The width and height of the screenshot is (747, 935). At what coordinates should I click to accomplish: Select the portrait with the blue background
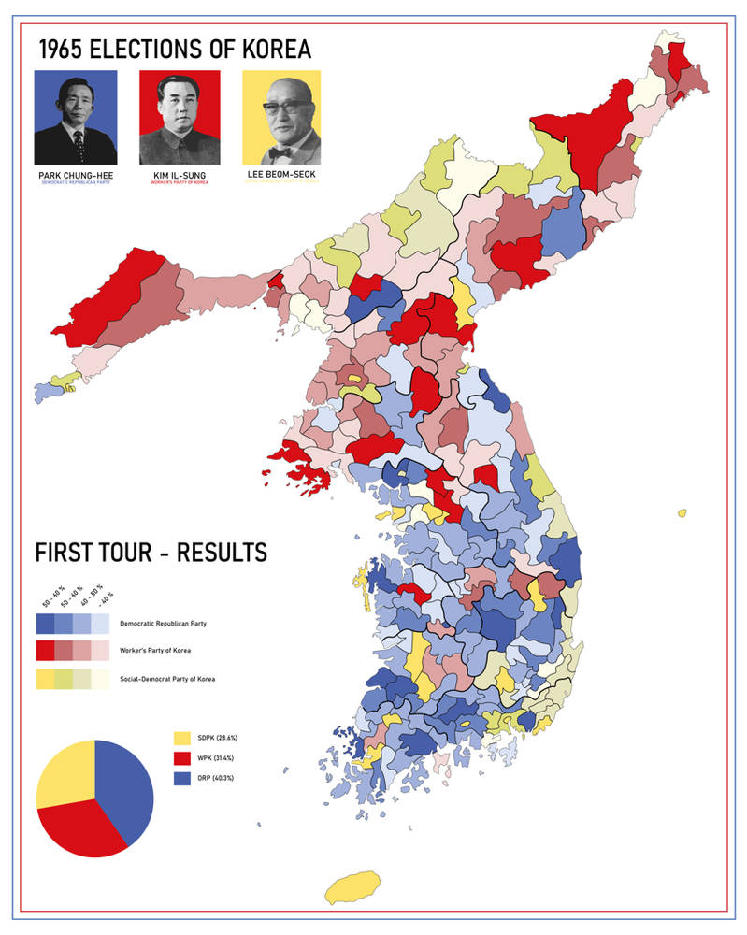pos(76,118)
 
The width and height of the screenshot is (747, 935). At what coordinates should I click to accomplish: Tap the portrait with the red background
pos(180,118)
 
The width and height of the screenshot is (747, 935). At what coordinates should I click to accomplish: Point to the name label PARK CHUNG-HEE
pos(76,175)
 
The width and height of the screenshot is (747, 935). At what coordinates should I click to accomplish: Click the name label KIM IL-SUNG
pos(180,175)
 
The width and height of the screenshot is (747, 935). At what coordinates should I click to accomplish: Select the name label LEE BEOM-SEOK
pos(281,175)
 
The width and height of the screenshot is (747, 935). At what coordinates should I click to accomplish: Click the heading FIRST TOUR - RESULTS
pos(151,553)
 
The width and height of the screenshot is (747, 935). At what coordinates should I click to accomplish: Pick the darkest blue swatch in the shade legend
pos(44,623)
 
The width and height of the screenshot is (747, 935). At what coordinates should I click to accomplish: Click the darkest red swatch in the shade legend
pos(44,650)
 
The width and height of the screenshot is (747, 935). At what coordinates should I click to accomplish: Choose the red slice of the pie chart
pos(79,832)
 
